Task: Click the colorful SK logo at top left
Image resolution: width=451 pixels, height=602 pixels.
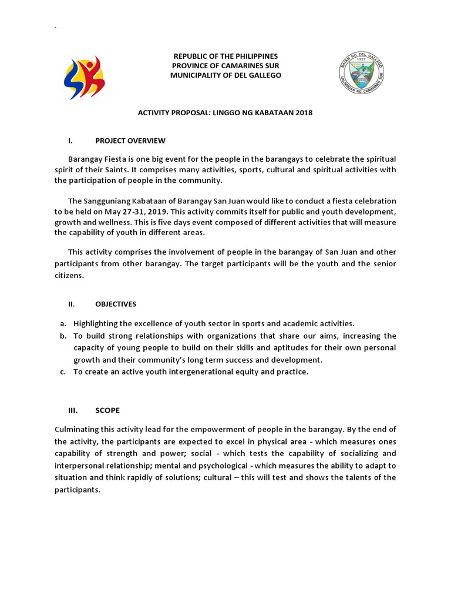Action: (x=84, y=77)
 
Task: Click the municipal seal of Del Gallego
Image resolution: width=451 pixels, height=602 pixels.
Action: (x=362, y=76)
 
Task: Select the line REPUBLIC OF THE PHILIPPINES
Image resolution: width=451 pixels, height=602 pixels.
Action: (x=225, y=56)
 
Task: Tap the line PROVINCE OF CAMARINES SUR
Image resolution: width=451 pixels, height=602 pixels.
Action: (x=225, y=65)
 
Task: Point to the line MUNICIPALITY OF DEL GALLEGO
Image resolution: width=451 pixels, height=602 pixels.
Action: (x=225, y=75)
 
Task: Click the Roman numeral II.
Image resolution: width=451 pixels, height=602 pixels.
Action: (x=72, y=304)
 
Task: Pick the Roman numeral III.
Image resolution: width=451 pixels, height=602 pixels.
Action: (x=73, y=410)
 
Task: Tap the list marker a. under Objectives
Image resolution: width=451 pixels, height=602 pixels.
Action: (x=62, y=324)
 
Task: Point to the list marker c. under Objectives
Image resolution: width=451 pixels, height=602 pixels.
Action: (x=62, y=372)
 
